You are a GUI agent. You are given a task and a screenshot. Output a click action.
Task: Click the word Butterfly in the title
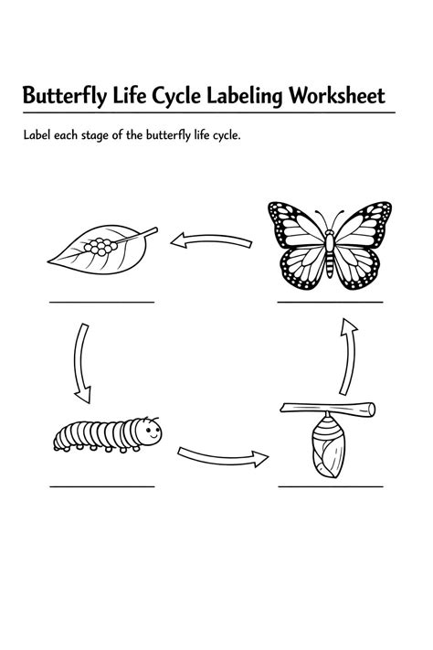(64, 96)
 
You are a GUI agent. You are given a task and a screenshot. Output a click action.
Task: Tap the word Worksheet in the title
(337, 95)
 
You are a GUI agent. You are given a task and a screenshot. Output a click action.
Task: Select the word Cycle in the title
(176, 96)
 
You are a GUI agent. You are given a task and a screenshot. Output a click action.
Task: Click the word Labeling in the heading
(245, 96)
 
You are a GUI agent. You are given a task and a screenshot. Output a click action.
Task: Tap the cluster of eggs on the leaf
(100, 246)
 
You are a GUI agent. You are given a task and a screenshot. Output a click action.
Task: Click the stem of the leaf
(137, 235)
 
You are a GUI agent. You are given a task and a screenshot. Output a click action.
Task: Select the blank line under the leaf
(102, 303)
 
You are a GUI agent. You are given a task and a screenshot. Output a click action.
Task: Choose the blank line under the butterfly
(331, 303)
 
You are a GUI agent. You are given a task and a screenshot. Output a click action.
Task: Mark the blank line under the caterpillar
(102, 486)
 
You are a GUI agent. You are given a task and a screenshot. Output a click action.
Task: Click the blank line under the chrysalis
(331, 486)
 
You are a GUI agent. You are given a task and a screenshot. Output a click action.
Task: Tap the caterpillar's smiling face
(150, 432)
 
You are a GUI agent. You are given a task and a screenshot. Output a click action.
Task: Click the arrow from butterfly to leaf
(211, 240)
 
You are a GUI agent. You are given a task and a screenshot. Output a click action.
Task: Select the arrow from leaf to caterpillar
(79, 363)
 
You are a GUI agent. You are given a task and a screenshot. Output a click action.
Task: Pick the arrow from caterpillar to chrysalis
(223, 457)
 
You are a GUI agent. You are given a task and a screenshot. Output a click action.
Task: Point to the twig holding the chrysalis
(328, 409)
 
